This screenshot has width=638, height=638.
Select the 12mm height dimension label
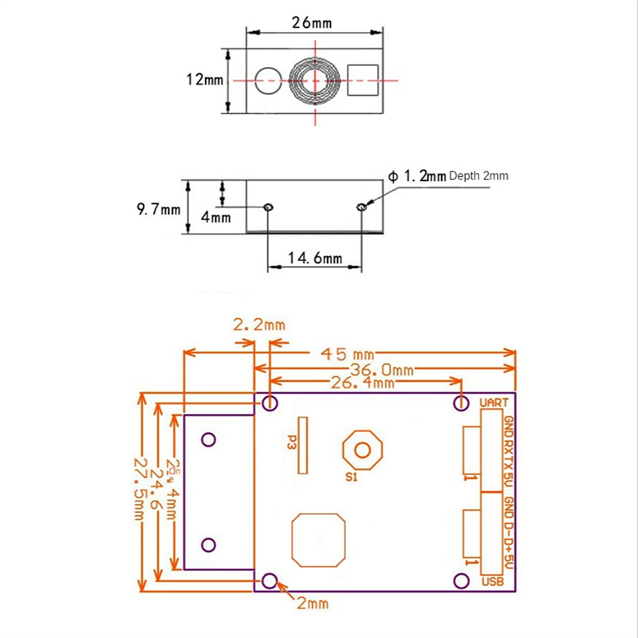[x=204, y=80]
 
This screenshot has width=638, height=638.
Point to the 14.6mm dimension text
[x=316, y=258]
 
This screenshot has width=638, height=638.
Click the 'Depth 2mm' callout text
[x=478, y=175]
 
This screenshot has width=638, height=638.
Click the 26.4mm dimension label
[x=363, y=383]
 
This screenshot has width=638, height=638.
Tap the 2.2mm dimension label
[x=258, y=325]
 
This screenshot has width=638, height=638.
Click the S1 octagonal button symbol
[x=362, y=451]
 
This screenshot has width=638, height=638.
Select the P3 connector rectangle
[x=302, y=444]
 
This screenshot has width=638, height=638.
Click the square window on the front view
[x=363, y=79]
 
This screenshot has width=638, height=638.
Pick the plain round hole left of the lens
[x=267, y=79]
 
